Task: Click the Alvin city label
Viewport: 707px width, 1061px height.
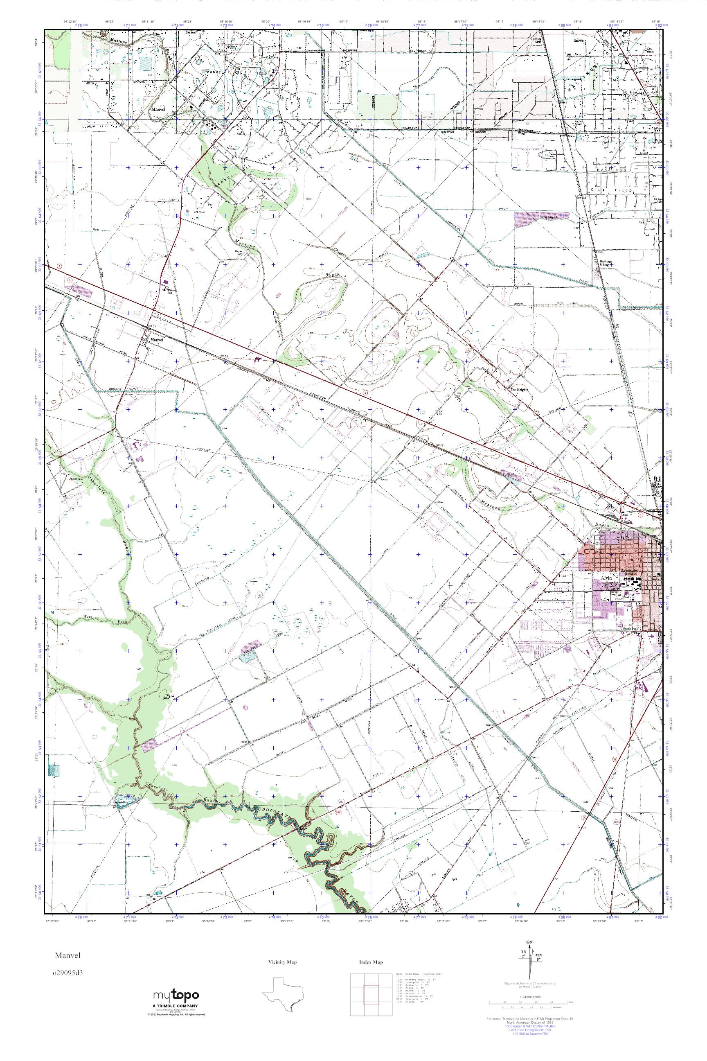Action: pyautogui.click(x=605, y=578)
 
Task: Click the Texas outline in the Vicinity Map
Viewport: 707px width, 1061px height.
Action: pyautogui.click(x=283, y=994)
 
